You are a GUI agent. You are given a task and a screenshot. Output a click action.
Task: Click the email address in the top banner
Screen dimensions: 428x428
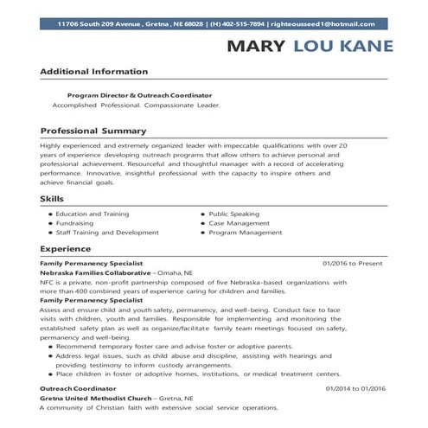(327, 24)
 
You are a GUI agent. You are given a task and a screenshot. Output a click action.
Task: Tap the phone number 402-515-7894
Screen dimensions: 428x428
(240, 24)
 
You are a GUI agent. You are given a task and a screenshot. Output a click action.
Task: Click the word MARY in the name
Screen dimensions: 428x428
(258, 46)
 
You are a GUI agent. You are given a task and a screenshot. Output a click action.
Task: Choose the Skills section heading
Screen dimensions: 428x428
(52, 199)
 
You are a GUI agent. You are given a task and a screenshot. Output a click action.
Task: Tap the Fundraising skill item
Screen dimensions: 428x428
(76, 223)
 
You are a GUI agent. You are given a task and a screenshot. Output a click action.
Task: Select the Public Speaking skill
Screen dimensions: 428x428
(233, 214)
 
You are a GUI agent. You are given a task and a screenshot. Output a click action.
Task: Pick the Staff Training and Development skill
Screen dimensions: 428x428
(107, 233)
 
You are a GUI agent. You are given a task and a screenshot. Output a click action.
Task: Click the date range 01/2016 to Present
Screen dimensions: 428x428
(352, 263)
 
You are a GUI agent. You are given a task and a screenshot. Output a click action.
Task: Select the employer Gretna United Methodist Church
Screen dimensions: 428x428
(94, 399)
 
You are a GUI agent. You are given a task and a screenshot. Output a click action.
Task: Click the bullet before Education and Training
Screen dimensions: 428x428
(49, 214)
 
